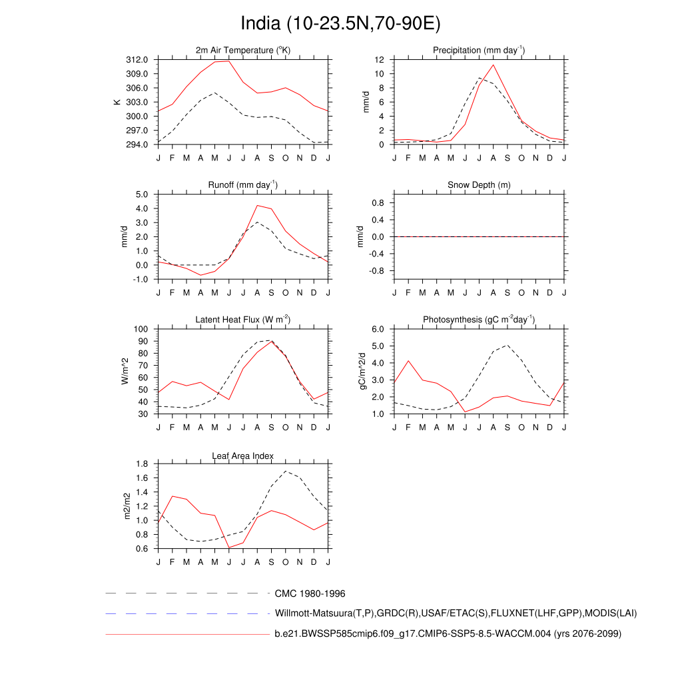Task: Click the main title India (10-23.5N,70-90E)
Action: pyautogui.click(x=340, y=24)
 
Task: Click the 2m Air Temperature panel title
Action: pyautogui.click(x=243, y=51)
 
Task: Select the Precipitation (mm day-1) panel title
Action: pyautogui.click(x=479, y=51)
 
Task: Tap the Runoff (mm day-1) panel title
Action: pyautogui.click(x=243, y=184)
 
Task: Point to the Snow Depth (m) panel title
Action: pyautogui.click(x=479, y=184)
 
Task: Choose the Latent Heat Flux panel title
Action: pyautogui.click(x=243, y=320)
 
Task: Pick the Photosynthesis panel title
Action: pyautogui.click(x=479, y=320)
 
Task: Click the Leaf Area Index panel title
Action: pyautogui.click(x=243, y=456)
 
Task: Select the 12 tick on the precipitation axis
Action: pyautogui.click(x=379, y=59)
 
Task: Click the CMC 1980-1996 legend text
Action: pyautogui.click(x=310, y=593)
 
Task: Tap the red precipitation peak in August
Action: pyautogui.click(x=494, y=65)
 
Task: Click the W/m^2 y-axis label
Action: pyautogui.click(x=125, y=371)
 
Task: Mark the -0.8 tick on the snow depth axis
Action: pyautogui.click(x=376, y=271)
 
